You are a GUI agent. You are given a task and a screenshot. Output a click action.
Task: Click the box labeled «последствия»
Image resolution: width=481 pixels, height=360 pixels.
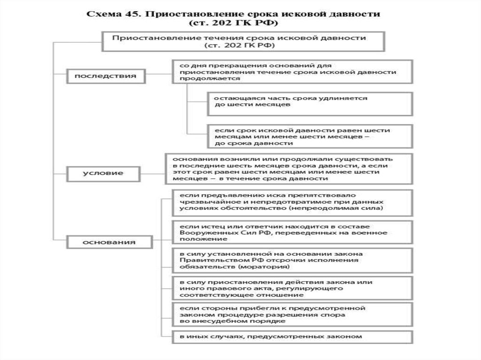[106, 75]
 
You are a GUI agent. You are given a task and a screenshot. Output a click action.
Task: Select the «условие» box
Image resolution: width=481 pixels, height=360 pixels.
[106, 173]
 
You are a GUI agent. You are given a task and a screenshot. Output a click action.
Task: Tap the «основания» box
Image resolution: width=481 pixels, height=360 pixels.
[109, 242]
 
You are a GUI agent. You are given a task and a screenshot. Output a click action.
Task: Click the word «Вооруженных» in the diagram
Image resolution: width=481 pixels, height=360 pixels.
[199, 233]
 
